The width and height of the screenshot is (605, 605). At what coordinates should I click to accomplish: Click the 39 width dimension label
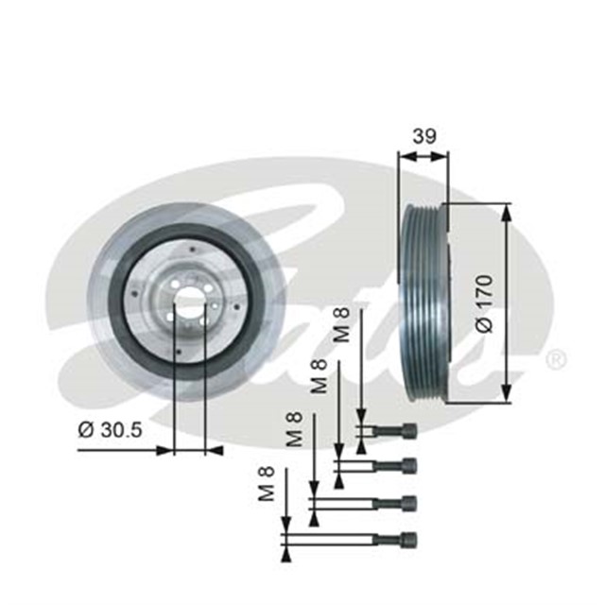(x=423, y=136)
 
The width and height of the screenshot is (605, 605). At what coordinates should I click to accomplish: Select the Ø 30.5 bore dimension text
(x=110, y=429)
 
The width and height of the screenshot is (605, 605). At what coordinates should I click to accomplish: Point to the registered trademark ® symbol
(x=557, y=360)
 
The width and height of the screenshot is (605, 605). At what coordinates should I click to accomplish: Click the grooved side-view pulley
(x=423, y=302)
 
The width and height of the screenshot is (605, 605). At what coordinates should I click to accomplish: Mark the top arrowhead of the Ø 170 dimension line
(x=508, y=210)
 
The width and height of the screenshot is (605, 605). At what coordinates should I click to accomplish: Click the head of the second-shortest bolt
(x=408, y=465)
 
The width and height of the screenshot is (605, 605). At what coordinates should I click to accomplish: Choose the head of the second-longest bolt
(x=408, y=503)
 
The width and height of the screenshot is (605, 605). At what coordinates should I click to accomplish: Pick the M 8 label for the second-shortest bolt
(x=320, y=376)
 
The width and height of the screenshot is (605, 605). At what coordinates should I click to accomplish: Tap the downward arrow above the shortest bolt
(x=360, y=416)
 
